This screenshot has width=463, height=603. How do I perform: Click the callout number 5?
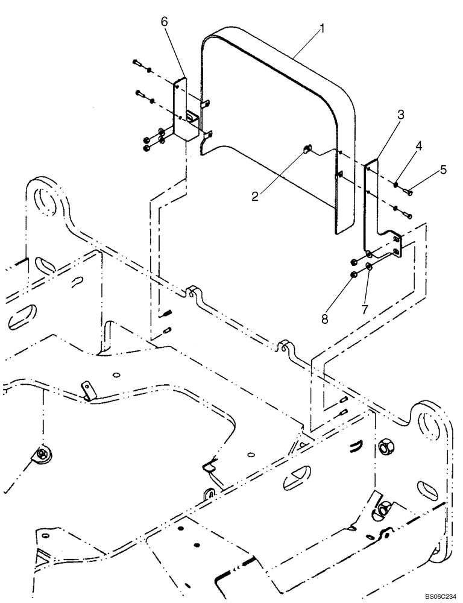pyautogui.click(x=443, y=170)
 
